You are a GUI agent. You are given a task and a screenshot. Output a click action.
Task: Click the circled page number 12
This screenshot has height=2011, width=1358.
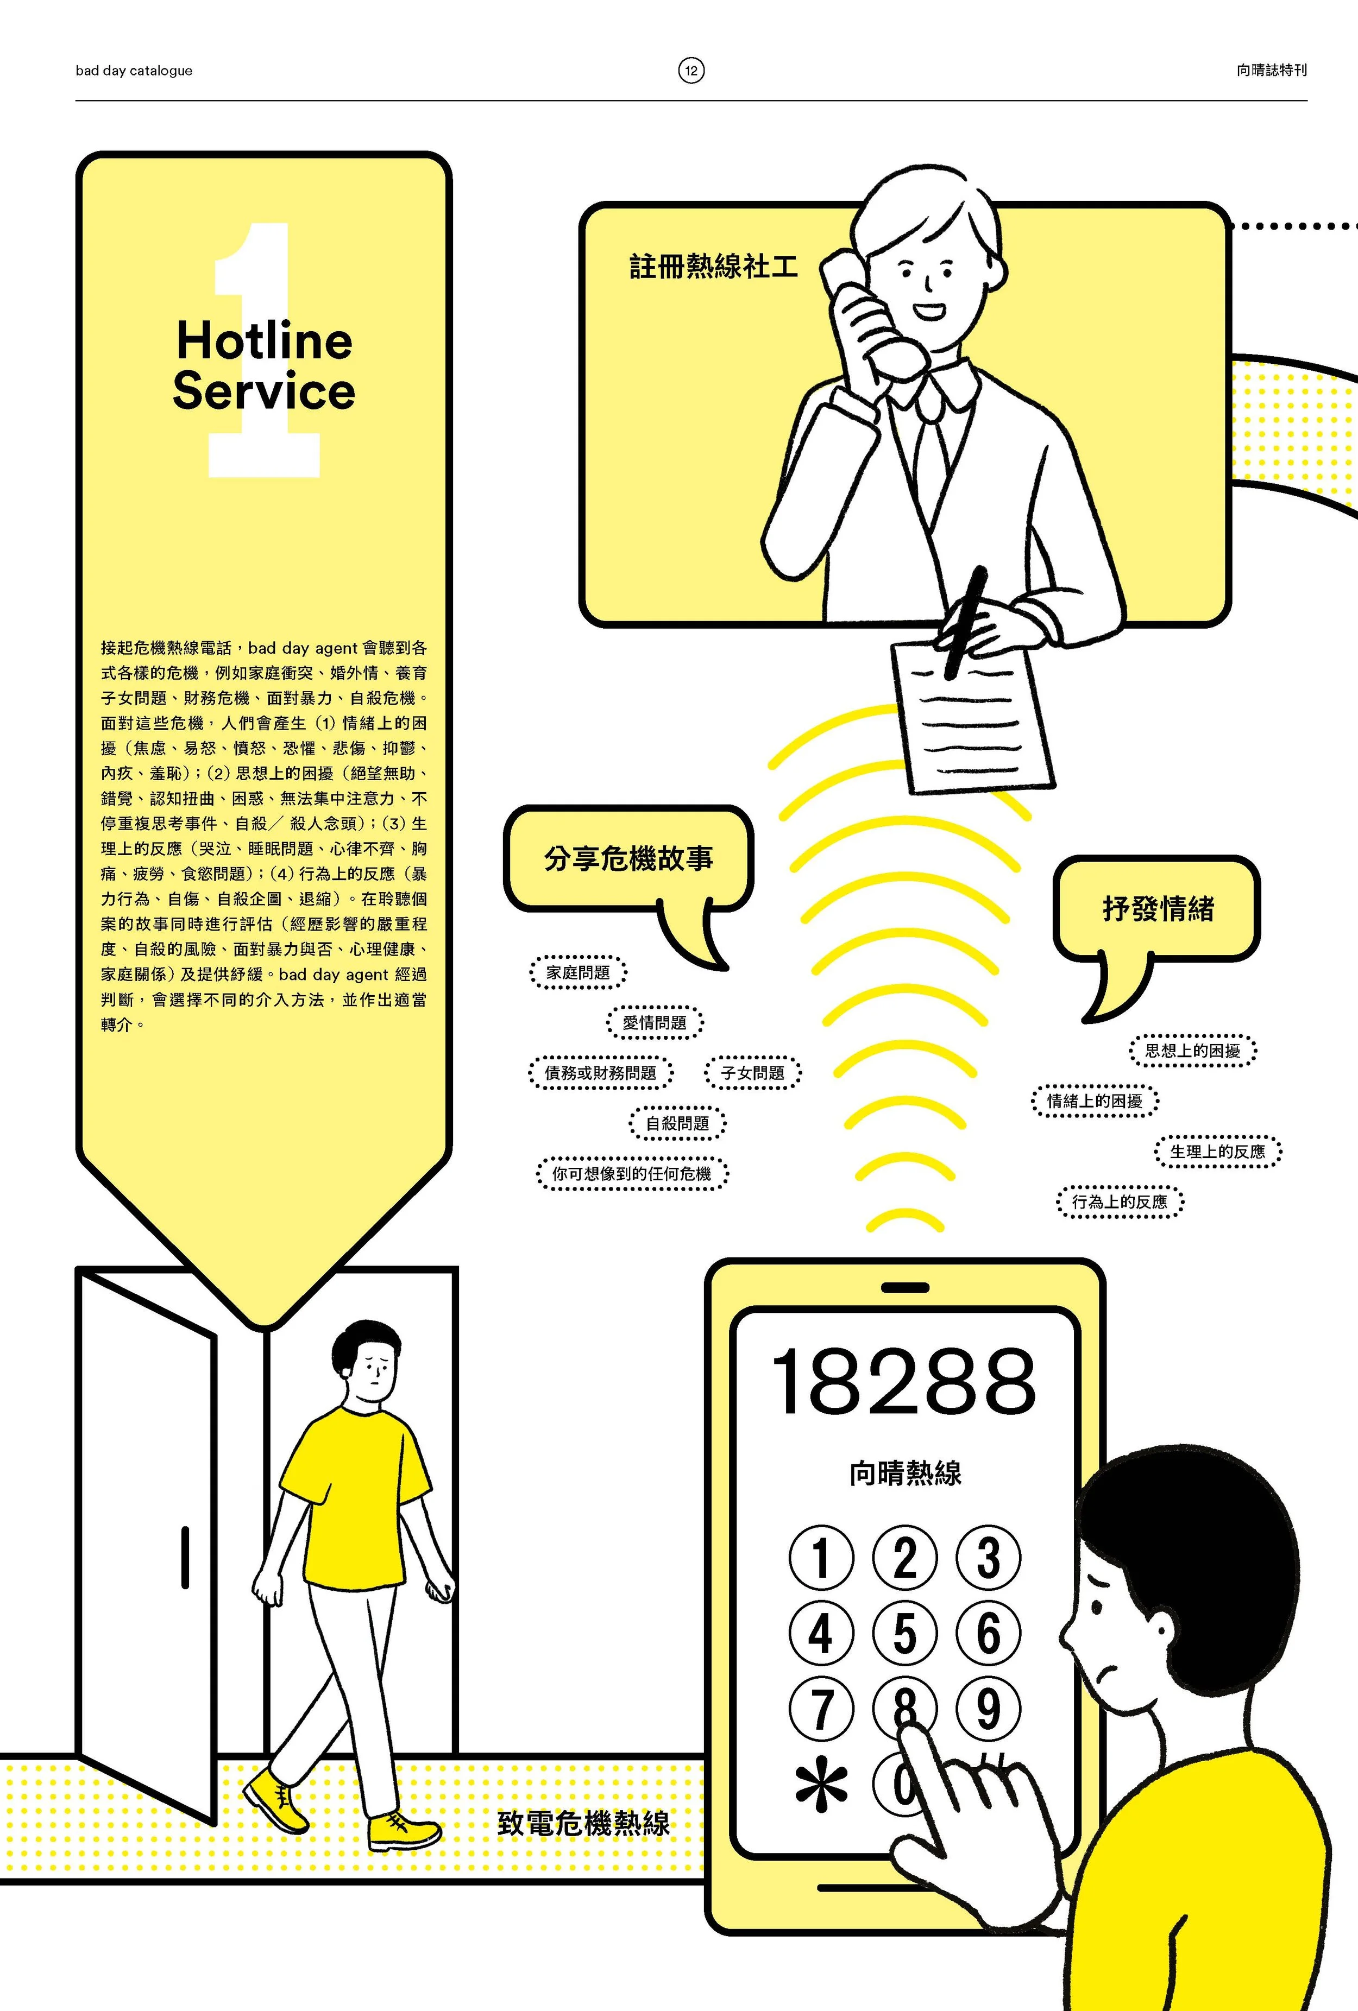(x=691, y=70)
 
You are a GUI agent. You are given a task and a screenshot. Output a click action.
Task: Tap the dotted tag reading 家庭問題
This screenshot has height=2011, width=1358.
(x=578, y=972)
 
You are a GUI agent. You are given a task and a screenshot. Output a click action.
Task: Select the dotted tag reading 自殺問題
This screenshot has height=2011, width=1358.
(x=677, y=1123)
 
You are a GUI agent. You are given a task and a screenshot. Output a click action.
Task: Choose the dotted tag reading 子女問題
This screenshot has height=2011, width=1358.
(x=753, y=1073)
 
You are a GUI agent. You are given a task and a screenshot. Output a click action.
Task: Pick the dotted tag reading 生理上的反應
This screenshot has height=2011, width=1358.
(x=1217, y=1151)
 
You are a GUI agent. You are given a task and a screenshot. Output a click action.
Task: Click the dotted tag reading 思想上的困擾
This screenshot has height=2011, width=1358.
(x=1193, y=1051)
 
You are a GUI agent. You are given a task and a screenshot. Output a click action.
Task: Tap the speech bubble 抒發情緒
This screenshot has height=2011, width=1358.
(x=1157, y=908)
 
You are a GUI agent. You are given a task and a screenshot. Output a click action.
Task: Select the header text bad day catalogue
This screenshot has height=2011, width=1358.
(x=134, y=71)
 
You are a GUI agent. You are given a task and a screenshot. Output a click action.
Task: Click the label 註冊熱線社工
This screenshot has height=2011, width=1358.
(x=712, y=265)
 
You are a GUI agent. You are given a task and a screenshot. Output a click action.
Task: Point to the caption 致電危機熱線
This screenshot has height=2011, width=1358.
(x=583, y=1823)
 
